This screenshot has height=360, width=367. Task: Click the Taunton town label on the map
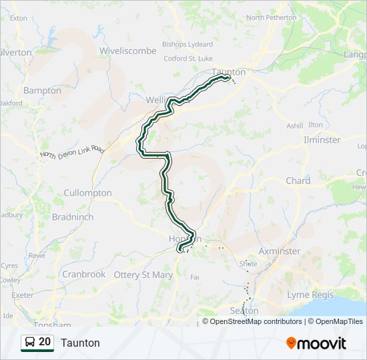[x=229, y=72]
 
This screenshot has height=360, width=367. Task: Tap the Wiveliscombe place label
[x=127, y=51]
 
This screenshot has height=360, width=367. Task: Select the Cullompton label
[x=87, y=193]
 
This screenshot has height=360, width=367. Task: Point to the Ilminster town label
[x=322, y=140]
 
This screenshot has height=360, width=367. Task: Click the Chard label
[x=298, y=181]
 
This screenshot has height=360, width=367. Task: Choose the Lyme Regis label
[x=308, y=295]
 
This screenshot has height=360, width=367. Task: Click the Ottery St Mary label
[x=143, y=275]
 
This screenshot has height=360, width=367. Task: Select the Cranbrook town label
[x=83, y=274]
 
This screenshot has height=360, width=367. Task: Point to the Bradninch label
[x=73, y=217]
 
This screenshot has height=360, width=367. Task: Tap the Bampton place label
[x=42, y=91]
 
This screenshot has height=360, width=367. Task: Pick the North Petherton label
[x=272, y=17]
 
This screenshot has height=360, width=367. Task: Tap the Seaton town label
[x=244, y=311]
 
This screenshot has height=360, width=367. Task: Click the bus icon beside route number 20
[x=31, y=342]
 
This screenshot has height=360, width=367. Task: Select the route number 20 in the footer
[x=45, y=342]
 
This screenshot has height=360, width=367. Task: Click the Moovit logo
[x=316, y=343]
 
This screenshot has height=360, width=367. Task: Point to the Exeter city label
[x=22, y=295]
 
